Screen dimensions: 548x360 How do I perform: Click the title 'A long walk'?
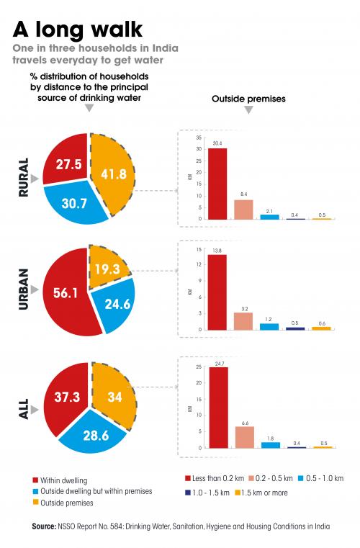77,30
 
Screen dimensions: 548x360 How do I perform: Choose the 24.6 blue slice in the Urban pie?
114,305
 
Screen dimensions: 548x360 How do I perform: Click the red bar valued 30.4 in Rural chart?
217,184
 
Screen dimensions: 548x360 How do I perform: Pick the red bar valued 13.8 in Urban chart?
217,292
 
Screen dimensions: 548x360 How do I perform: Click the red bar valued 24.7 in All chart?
217,407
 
